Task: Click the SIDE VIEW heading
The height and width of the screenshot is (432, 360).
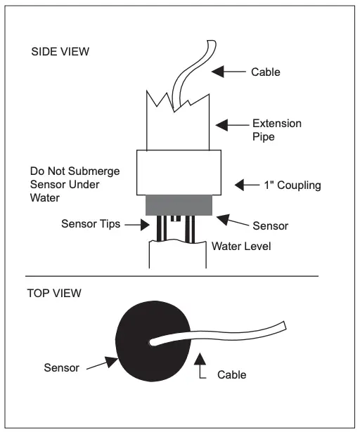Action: pos(60,53)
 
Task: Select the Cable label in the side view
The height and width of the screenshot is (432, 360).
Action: pos(265,72)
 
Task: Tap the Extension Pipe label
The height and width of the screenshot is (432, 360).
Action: pos(276,130)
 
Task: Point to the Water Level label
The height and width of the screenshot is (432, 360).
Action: pos(241,246)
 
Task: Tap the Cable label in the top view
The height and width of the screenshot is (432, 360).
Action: pos(231,374)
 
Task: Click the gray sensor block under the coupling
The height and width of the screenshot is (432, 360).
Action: pos(179,205)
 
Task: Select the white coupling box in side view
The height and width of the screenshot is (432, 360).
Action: pos(179,173)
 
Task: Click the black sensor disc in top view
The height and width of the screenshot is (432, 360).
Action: pos(144,343)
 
